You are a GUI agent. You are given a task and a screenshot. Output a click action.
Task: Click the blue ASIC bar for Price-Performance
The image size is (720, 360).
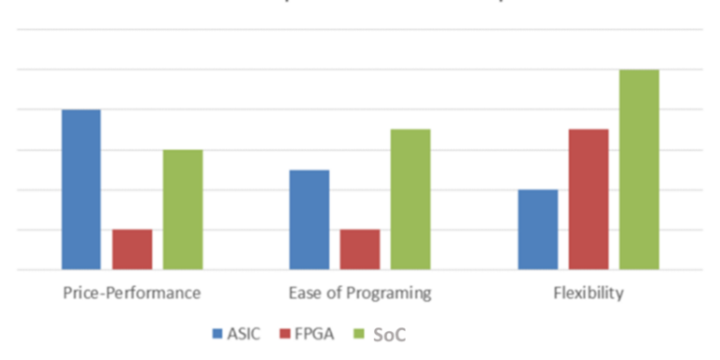click(x=81, y=189)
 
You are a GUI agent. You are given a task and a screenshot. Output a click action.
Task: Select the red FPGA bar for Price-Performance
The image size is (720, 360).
click(x=132, y=249)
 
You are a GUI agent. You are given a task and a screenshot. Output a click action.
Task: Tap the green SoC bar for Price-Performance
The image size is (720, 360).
click(x=183, y=210)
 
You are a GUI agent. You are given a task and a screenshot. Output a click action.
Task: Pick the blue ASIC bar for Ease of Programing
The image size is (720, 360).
click(x=309, y=220)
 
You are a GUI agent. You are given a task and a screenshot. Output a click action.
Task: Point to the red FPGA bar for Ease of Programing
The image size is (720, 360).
click(x=360, y=249)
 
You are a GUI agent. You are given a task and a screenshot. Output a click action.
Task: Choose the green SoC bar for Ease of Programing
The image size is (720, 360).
click(x=411, y=200)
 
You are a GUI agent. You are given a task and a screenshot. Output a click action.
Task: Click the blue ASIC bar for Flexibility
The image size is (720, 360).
click(x=537, y=230)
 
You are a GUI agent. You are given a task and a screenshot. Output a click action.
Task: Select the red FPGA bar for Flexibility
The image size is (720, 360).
click(x=588, y=200)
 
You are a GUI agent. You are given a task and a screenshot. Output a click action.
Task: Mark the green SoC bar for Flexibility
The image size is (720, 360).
click(x=639, y=170)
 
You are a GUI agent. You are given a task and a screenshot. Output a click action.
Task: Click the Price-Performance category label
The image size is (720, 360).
click(x=132, y=293)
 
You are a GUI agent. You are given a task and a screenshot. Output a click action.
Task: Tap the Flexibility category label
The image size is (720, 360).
click(x=588, y=293)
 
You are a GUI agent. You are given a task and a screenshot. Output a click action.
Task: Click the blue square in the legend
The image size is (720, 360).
click(x=218, y=333)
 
